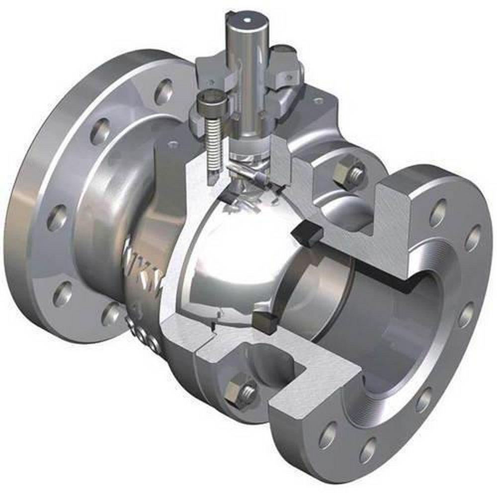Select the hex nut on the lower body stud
click(x=237, y=392)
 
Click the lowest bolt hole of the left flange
click(x=111, y=314)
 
